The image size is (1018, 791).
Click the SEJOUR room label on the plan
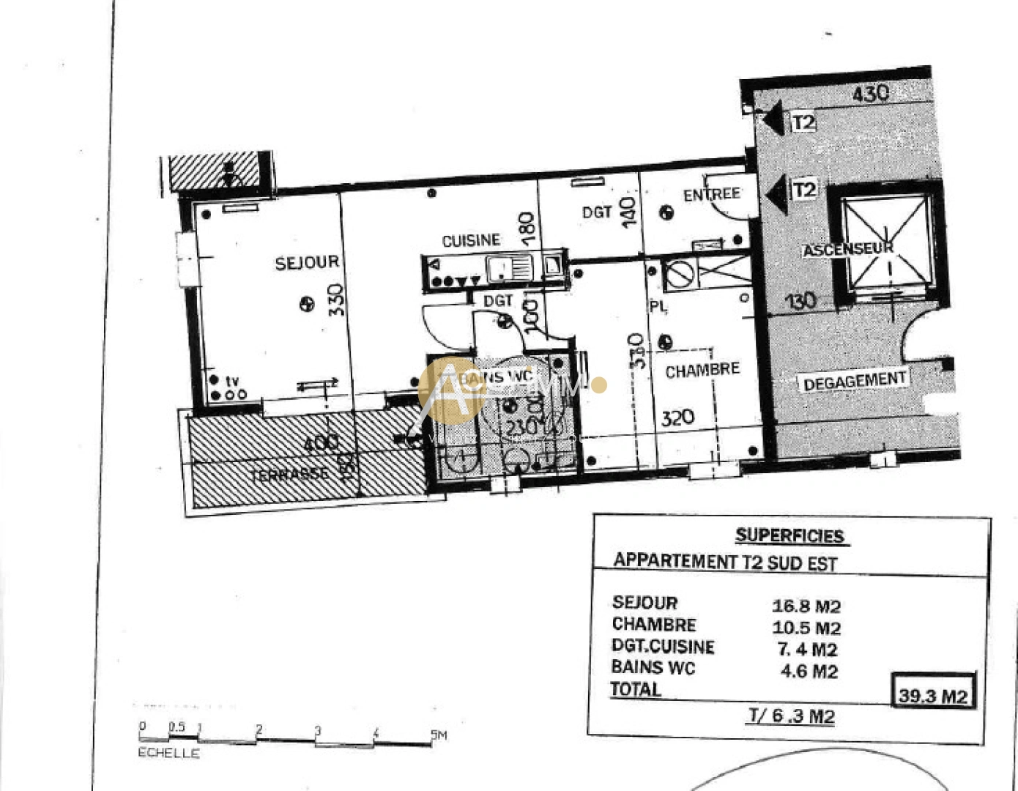[307, 262]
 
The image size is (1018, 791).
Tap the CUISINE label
[471, 240]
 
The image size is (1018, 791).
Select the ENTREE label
[711, 195]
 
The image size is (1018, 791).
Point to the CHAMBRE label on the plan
[702, 371]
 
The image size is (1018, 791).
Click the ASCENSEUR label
[848, 249]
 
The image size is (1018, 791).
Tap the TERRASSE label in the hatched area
[290, 475]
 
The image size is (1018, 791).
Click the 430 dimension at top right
[870, 93]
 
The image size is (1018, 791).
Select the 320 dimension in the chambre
[677, 418]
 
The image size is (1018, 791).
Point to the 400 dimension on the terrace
[321, 442]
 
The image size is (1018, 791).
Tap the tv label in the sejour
[232, 381]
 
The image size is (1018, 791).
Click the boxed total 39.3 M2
[933, 695]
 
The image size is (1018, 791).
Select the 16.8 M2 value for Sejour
[806, 606]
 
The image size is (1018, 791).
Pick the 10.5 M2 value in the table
[806, 628]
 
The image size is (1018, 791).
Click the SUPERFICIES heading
[789, 535]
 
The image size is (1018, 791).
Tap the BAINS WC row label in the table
[653, 668]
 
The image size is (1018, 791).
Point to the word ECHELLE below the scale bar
[168, 753]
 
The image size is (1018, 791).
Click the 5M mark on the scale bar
[438, 735]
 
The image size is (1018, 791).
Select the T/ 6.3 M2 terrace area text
[791, 716]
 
